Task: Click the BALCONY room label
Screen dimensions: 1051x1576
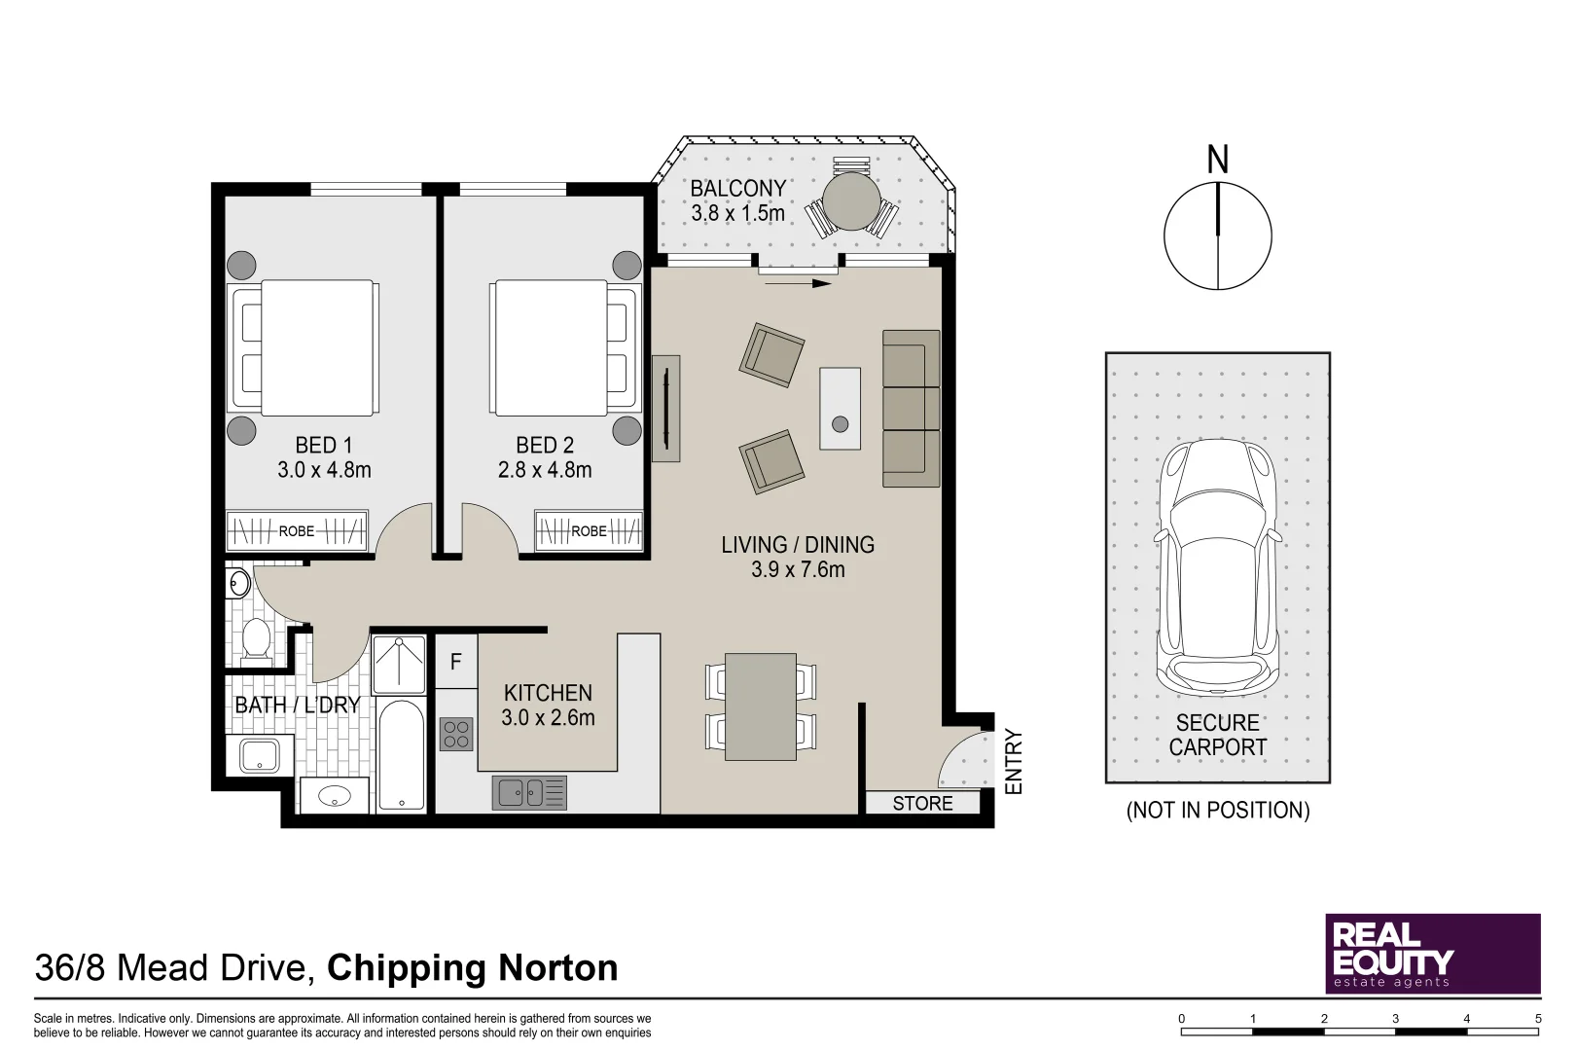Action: coord(737,188)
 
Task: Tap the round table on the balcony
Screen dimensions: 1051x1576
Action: coord(851,200)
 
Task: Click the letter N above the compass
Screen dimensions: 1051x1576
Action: coord(1217,160)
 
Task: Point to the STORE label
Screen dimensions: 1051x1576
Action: coord(922,804)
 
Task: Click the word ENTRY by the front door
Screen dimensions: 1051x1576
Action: coord(1014,762)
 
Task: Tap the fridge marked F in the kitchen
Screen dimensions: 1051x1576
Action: coord(455,663)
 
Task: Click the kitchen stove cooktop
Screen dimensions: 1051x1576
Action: coord(456,734)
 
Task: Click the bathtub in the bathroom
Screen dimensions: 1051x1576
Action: coord(401,754)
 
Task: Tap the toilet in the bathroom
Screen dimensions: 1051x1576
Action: coord(256,640)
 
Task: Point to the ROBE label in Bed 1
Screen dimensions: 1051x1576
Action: coord(297,531)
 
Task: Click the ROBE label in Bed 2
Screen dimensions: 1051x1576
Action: coord(589,531)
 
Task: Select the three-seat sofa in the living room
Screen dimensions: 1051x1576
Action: coord(911,408)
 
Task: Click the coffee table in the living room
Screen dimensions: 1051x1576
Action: coord(840,408)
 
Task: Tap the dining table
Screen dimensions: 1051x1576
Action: coord(761,707)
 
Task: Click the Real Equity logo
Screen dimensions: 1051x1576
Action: coord(1432,953)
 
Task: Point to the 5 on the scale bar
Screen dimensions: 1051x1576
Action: coord(1538,1019)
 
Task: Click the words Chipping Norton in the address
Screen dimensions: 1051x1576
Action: coord(472,968)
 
